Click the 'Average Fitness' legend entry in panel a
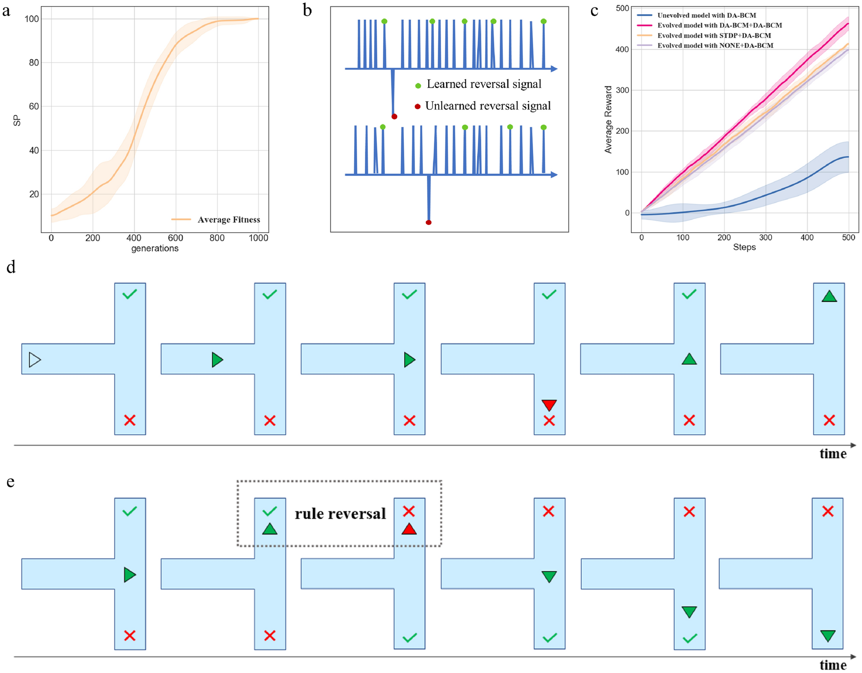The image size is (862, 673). pyautogui.click(x=228, y=219)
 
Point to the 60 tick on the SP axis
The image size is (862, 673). pyautogui.click(x=33, y=106)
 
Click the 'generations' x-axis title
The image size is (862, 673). pyautogui.click(x=155, y=248)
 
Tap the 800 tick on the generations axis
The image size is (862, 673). pyautogui.click(x=217, y=238)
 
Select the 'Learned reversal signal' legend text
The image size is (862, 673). pyautogui.click(x=484, y=84)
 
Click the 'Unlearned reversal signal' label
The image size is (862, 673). pyautogui.click(x=488, y=106)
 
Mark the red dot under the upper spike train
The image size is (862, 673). pyautogui.click(x=394, y=117)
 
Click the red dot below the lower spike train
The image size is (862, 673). pyautogui.click(x=429, y=222)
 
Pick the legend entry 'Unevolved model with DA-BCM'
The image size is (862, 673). pyautogui.click(x=707, y=15)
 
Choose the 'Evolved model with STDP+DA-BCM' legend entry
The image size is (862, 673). pyautogui.click(x=714, y=36)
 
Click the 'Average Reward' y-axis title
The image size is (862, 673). pyautogui.click(x=608, y=120)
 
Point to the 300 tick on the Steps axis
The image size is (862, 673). pyautogui.click(x=766, y=237)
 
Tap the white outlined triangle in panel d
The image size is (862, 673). pyautogui.click(x=34, y=360)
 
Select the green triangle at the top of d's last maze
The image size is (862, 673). pyautogui.click(x=829, y=296)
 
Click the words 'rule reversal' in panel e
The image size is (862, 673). pyautogui.click(x=340, y=514)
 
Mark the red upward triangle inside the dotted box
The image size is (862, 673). pyautogui.click(x=409, y=529)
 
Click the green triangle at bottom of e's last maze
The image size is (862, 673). pyautogui.click(x=828, y=636)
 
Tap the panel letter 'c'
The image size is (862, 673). pyautogui.click(x=594, y=10)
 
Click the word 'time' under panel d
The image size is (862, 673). pyautogui.click(x=833, y=454)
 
